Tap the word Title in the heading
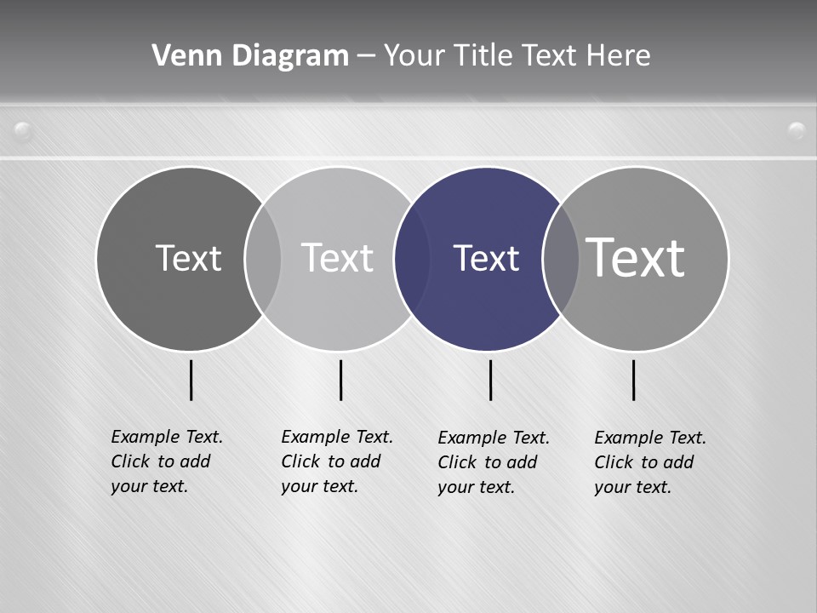486,55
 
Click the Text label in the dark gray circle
188,258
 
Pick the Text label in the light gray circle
337,258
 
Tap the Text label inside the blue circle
486,258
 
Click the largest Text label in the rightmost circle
635,257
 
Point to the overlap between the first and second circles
263,258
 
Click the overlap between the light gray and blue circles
412,258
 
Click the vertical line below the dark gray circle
191,380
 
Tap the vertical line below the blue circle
491,380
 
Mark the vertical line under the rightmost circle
634,380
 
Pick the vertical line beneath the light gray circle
341,380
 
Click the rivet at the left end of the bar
23,131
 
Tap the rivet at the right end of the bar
797,131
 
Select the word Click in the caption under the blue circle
457,462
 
